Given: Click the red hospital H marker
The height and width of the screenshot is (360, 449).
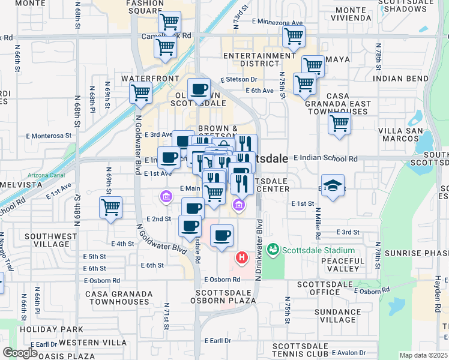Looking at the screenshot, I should tap(242, 258).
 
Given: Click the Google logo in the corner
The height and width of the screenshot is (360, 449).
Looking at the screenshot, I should tap(20, 353).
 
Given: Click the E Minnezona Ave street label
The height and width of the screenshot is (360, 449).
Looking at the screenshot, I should tap(277, 22).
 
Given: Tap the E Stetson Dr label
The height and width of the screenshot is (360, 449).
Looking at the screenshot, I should tap(238, 79).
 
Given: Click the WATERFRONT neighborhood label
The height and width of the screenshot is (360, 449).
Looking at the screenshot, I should tap(150, 79).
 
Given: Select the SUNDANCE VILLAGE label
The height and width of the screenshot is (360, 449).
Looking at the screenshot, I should tap(338, 316).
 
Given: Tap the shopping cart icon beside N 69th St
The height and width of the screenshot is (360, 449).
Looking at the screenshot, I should tap(110, 208).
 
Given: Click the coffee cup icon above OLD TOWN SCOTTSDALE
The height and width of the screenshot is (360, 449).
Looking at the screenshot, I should tap(199, 89).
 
